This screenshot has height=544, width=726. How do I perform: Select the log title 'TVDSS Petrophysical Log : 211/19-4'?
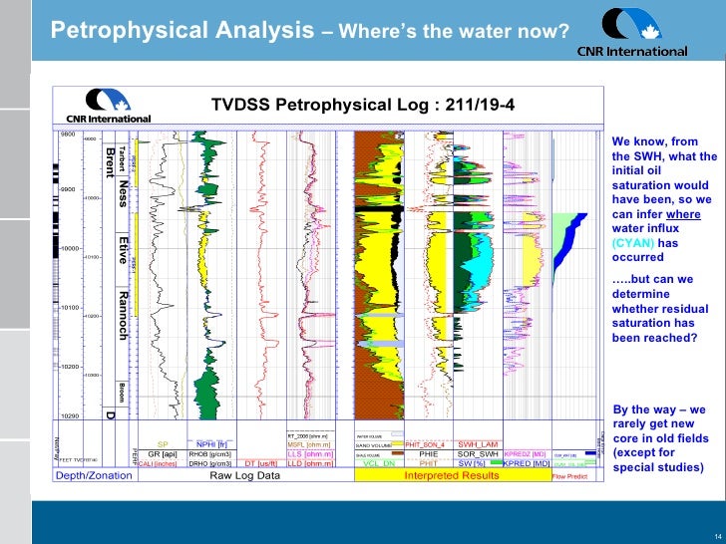coord(363,104)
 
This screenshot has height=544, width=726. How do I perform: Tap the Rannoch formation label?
coord(123,315)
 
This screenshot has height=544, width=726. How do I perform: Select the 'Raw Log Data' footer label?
coord(244,475)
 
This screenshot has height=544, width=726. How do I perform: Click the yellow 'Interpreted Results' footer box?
coord(451,475)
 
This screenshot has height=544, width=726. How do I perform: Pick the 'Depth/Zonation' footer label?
coord(93,475)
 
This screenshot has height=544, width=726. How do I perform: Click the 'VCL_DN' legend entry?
coord(378,463)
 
